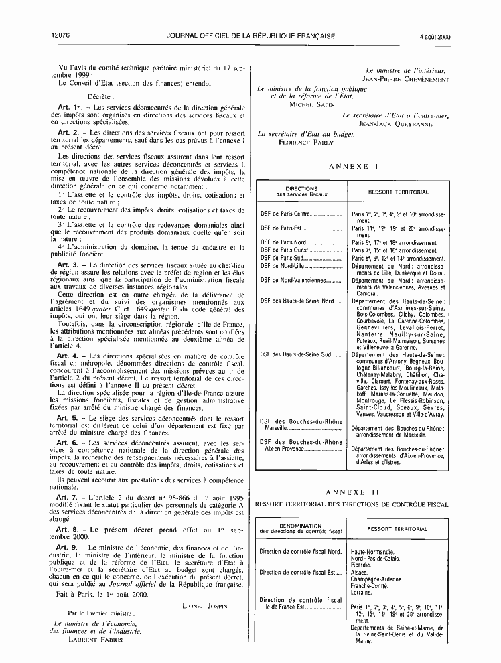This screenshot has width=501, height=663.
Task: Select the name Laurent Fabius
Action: pos(94,639)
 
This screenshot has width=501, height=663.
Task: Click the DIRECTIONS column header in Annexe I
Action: pos(301,188)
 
